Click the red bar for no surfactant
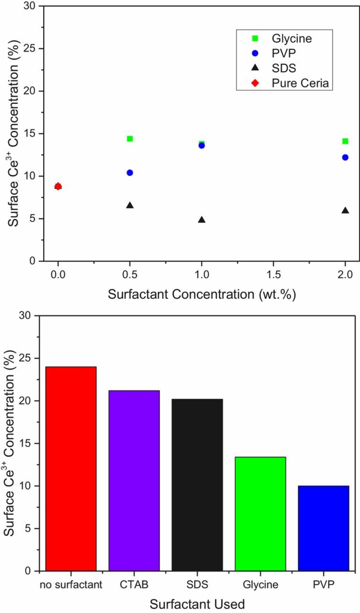[x=71, y=469]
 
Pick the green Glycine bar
[x=260, y=514]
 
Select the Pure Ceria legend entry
[x=282, y=83]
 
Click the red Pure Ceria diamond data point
[x=58, y=186]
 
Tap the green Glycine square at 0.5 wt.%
[x=130, y=139]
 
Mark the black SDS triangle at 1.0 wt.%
[x=202, y=220]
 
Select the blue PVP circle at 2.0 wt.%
[x=345, y=157]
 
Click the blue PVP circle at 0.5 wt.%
[x=130, y=172]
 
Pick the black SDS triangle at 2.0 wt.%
[x=345, y=211]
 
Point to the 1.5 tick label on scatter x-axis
[x=273, y=275]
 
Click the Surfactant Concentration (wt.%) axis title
[x=202, y=294]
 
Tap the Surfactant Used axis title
[x=197, y=602]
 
